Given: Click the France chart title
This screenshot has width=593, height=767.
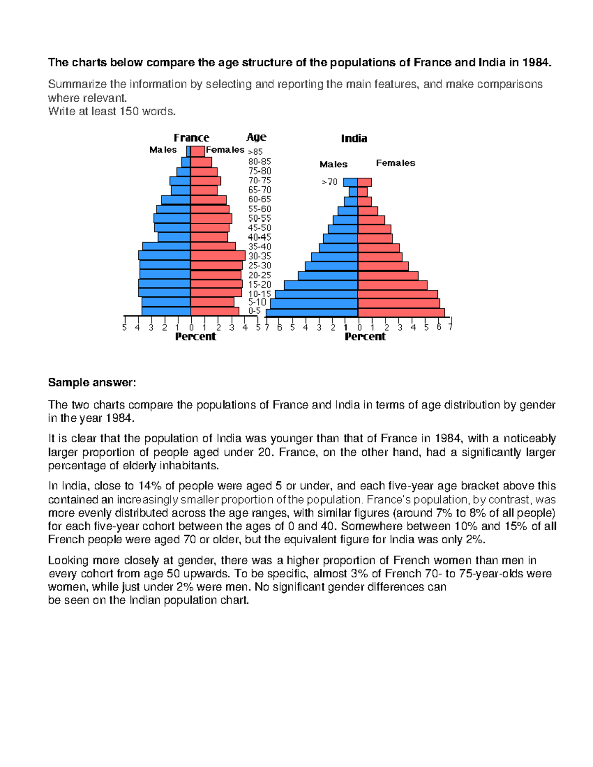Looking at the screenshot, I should (x=191, y=138).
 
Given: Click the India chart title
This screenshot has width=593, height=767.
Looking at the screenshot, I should (x=354, y=139).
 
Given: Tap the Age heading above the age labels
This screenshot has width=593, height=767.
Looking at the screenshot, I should (x=256, y=137).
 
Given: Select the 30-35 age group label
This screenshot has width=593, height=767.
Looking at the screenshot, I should (x=259, y=256).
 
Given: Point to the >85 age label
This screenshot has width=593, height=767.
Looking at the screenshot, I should (x=255, y=152).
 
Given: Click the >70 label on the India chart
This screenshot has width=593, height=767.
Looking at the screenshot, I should (x=330, y=182).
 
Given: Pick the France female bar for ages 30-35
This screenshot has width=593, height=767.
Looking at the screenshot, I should (x=217, y=256).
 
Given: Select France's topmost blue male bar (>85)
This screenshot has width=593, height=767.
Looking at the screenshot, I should (x=188, y=151).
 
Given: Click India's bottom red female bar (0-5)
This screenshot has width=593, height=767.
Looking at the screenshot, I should (x=401, y=313).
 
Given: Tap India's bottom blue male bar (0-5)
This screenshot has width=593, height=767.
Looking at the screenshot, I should (x=312, y=313).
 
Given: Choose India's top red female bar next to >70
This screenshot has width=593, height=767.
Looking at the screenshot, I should (x=364, y=182).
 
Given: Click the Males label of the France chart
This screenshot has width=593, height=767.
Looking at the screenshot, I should (x=163, y=150).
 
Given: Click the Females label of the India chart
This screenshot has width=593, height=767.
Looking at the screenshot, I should (x=395, y=163).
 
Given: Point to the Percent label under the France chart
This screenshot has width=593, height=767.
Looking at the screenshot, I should (x=196, y=337).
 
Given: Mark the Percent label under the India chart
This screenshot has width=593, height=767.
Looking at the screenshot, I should (x=365, y=337).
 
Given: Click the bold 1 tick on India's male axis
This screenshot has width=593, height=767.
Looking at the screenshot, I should (x=346, y=327).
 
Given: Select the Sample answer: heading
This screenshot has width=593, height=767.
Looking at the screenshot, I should (x=91, y=383).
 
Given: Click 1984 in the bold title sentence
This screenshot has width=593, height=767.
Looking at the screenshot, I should (x=536, y=63).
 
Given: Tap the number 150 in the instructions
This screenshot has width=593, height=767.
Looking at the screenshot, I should (x=129, y=112).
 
